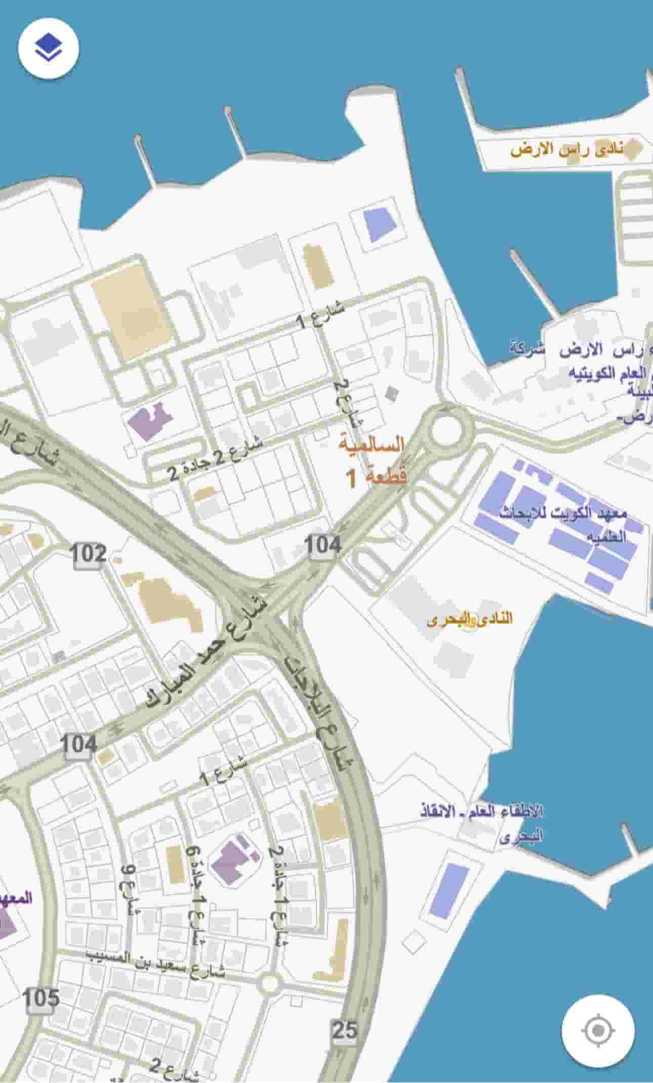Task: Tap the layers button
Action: [x=48, y=48]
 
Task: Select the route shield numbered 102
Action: [x=89, y=554]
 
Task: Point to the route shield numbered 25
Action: [x=345, y=1030]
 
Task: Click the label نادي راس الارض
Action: [x=567, y=150]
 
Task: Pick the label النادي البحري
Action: [x=469, y=620]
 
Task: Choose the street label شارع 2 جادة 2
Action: [x=216, y=459]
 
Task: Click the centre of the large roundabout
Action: [x=446, y=431]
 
